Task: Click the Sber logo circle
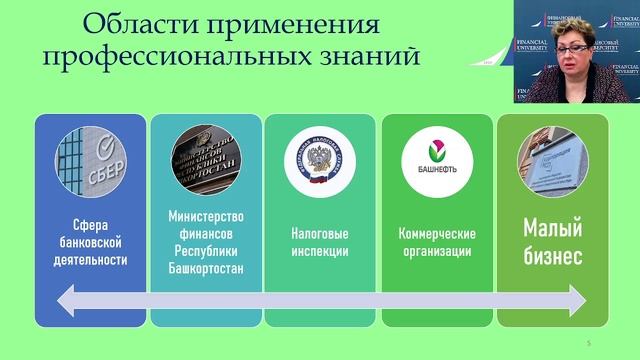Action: click(92, 162)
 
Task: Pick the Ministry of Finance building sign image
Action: click(206, 162)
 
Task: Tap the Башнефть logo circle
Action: click(436, 162)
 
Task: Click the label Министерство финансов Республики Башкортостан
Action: click(206, 242)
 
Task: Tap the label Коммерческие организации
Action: click(436, 242)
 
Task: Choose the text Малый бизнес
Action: click(552, 242)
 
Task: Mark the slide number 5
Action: click(589, 344)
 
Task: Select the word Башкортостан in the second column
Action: click(206, 269)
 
